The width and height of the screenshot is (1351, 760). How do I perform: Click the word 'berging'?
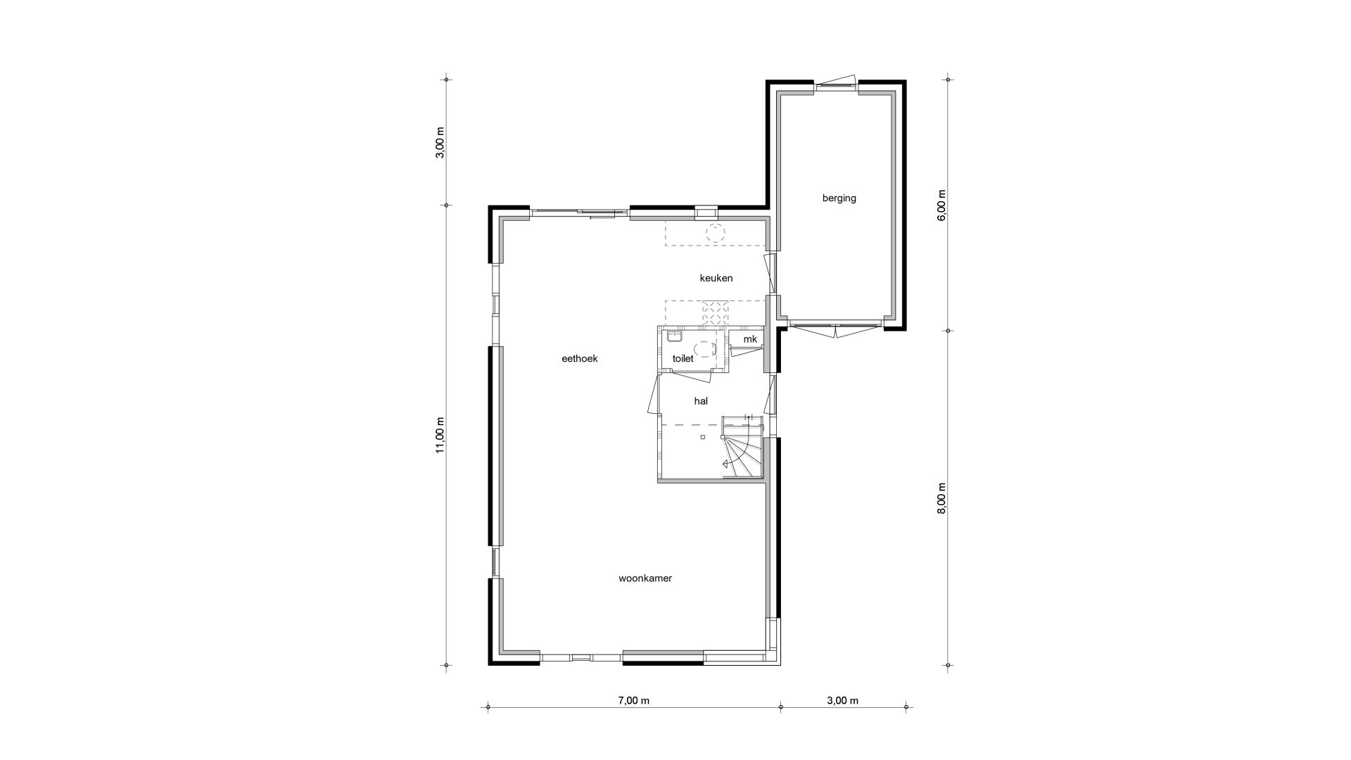839,198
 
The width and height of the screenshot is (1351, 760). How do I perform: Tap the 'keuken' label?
716,278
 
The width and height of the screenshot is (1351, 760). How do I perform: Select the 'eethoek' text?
579,358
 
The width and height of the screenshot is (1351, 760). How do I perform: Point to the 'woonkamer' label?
645,578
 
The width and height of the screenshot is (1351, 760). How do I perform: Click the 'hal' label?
701,401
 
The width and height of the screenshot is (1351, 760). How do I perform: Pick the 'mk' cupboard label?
750,339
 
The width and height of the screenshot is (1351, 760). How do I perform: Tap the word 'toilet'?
683,358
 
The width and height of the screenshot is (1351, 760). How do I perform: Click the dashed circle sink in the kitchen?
716,232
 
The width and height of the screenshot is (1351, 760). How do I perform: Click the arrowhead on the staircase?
725,464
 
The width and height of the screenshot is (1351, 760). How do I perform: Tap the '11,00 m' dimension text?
440,436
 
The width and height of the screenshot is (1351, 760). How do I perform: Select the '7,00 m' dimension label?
633,700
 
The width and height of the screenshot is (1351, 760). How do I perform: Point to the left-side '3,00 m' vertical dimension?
440,143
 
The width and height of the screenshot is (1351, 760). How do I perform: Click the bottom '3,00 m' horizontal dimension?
842,700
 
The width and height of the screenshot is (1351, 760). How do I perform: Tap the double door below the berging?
835,329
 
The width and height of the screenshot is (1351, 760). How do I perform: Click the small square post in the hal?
702,437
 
